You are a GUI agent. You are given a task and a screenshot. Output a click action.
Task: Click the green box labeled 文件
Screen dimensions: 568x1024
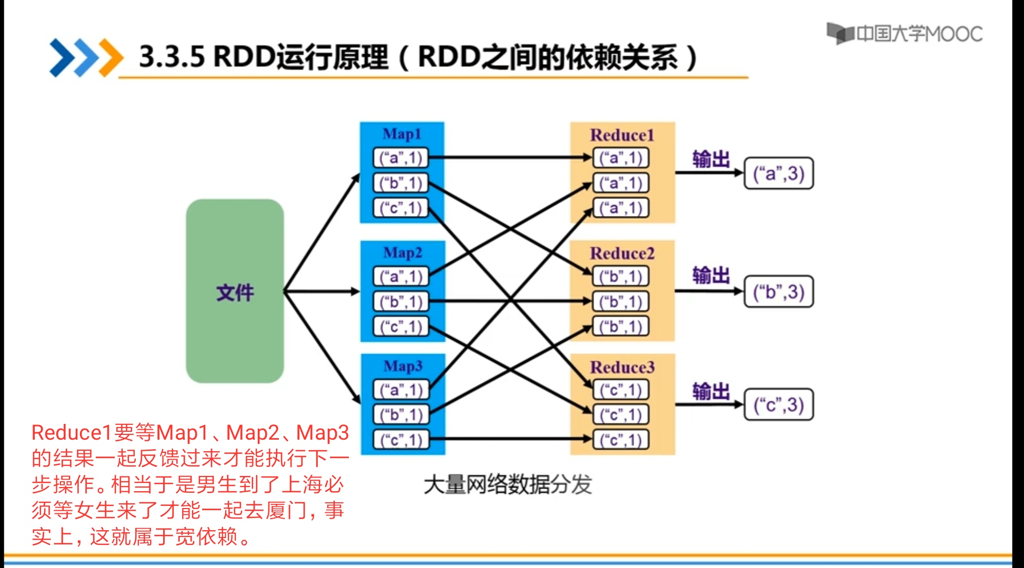tap(235, 291)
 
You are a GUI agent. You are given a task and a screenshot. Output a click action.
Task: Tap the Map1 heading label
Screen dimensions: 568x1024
tap(402, 134)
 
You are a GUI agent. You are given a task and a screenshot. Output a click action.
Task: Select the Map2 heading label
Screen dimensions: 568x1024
tap(403, 253)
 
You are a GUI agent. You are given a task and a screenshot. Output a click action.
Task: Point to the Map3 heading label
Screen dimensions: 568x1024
tap(403, 366)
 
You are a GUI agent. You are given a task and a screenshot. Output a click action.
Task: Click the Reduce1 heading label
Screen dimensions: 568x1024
tap(622, 135)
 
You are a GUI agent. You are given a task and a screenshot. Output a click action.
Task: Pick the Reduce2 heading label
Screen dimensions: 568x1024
tap(622, 253)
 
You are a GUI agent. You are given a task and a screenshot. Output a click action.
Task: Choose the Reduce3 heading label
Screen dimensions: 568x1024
tap(622, 367)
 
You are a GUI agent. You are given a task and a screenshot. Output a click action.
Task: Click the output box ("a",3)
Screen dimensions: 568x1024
tap(778, 174)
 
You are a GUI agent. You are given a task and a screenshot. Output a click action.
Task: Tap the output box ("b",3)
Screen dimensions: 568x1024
tap(778, 292)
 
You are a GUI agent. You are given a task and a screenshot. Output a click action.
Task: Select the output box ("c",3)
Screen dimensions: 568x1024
tap(778, 405)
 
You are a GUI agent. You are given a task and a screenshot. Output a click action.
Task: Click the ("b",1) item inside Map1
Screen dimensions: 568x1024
tap(401, 183)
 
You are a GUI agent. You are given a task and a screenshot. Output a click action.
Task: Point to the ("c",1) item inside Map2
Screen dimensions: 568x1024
tap(401, 327)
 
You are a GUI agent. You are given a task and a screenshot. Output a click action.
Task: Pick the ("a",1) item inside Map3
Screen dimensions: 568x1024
tap(401, 390)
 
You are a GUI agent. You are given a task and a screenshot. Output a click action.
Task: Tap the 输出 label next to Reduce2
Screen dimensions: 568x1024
tap(710, 275)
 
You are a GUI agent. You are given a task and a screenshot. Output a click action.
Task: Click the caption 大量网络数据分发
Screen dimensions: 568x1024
tap(507, 484)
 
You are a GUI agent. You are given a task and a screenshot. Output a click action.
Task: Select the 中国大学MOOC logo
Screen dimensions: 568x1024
tap(904, 34)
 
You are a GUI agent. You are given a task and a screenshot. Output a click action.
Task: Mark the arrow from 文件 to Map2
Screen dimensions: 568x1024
tap(321, 291)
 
